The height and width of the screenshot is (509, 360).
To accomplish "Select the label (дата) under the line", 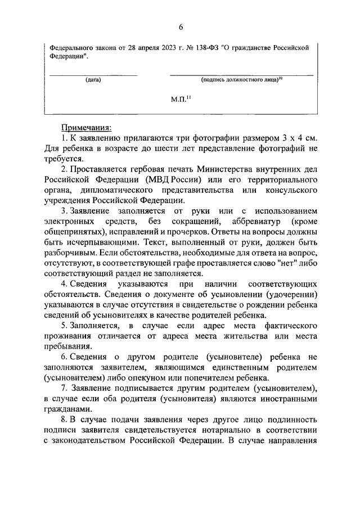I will (93, 80).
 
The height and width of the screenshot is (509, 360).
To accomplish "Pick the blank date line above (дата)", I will (93, 74).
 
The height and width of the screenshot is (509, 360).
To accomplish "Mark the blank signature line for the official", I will (241, 74).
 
